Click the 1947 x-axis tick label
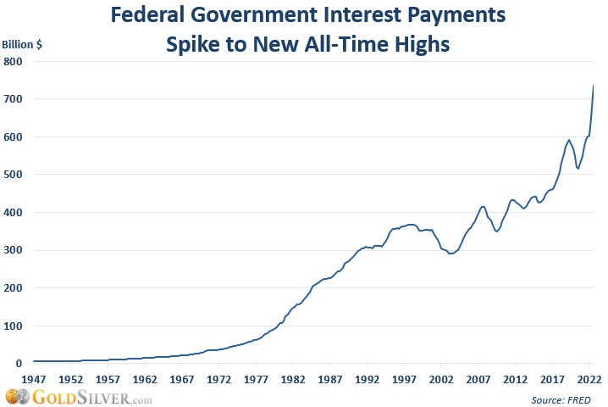coord(33,379)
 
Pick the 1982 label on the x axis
coord(293,379)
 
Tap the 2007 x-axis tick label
coord(478,379)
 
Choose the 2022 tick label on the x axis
coord(589,379)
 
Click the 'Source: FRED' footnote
coord(561,399)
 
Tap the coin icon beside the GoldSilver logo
coord(14,397)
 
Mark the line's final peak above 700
coord(593,86)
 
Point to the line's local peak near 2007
coord(483,206)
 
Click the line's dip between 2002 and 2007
coord(450,254)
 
